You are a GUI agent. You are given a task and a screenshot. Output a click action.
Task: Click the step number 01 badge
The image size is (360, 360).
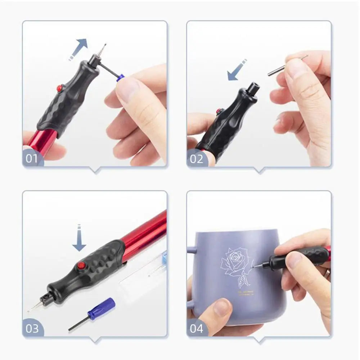click(x=31, y=158)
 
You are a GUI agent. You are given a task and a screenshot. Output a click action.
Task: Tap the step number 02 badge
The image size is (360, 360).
click(x=196, y=158)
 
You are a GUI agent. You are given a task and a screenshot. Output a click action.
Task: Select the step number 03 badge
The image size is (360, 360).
click(x=32, y=328)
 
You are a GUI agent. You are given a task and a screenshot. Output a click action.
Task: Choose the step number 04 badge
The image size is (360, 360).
click(x=197, y=328)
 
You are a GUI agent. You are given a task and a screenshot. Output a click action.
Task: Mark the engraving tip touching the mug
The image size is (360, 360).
click(x=255, y=266)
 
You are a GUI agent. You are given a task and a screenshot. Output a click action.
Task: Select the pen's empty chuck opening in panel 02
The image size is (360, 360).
click(x=253, y=87)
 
